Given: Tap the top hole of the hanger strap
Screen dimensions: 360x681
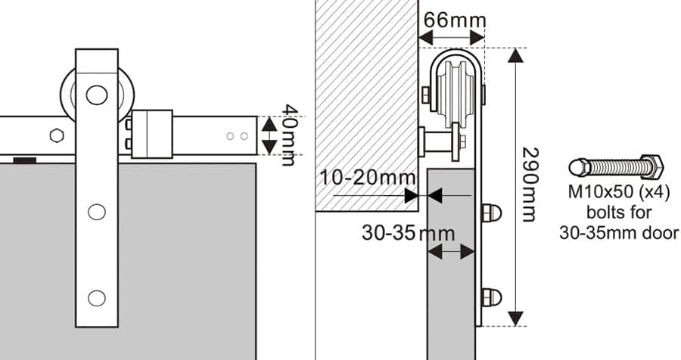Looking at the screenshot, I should [96, 95].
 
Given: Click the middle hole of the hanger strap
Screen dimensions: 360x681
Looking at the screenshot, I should [96, 212].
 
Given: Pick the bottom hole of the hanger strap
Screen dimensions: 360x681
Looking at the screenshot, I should [96, 298].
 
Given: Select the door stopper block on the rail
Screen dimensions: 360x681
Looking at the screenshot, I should [152, 134].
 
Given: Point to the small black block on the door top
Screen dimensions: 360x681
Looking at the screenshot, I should [24, 160].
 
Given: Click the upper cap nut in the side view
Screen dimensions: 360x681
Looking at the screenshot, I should [490, 213].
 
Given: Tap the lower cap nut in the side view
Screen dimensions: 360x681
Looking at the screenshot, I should [490, 297].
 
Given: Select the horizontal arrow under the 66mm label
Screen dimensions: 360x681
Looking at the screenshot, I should [452, 36].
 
